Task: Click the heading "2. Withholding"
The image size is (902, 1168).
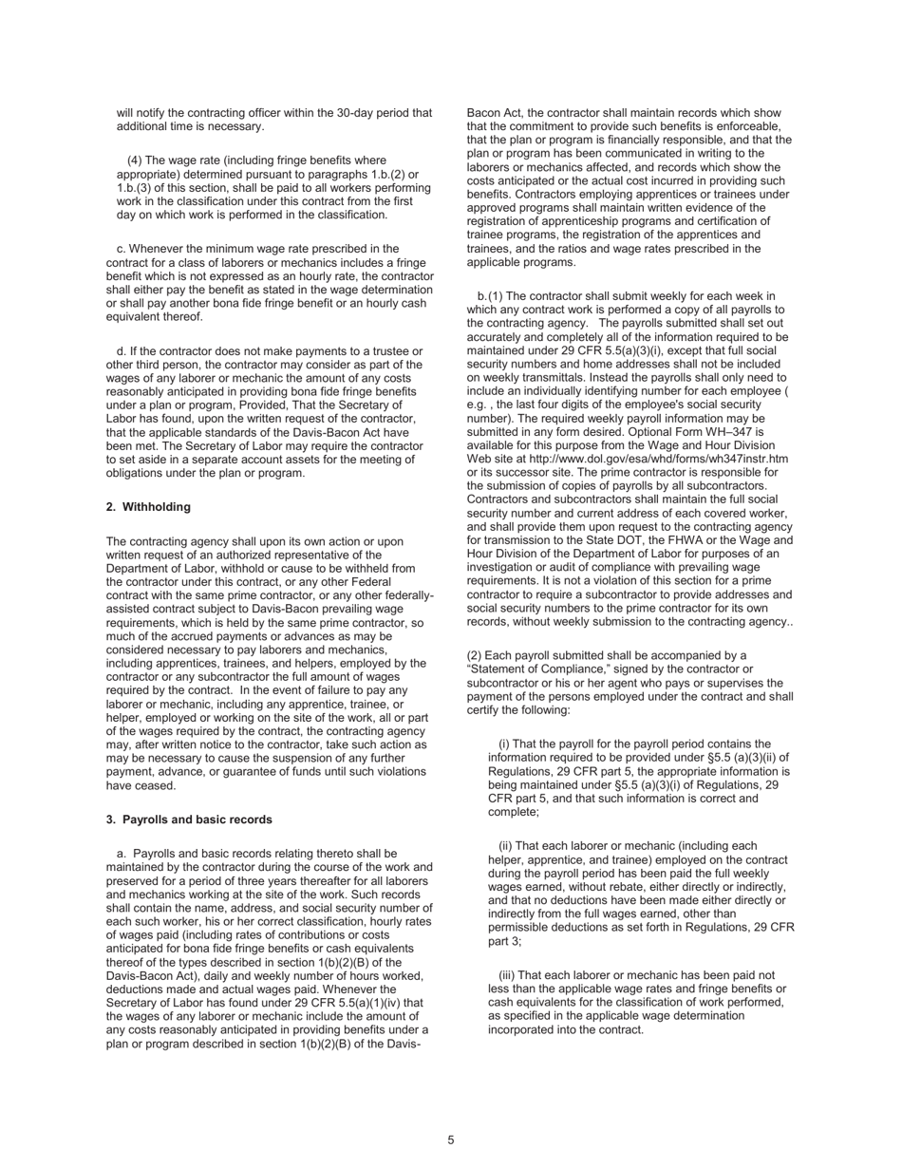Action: [x=148, y=507]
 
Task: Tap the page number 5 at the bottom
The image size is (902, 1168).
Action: [x=451, y=1140]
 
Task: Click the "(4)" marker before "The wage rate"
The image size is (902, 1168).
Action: [x=135, y=160]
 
